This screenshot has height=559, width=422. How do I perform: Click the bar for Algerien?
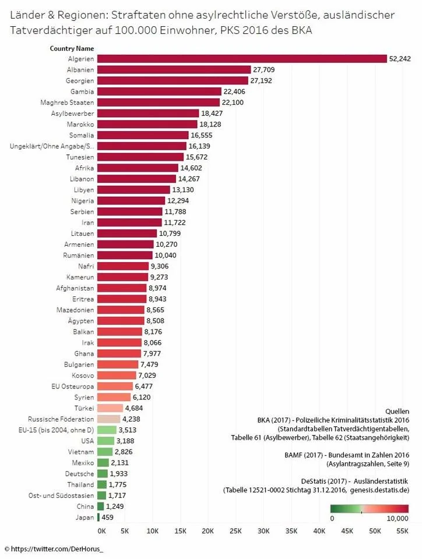pyautogui.click(x=242, y=59)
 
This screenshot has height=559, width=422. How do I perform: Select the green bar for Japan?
pyautogui.click(x=99, y=517)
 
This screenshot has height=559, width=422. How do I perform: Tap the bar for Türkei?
pyautogui.click(x=110, y=408)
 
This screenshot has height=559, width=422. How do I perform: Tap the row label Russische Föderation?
pyautogui.click(x=61, y=419)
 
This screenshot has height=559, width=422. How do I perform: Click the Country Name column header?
pyautogui.click(x=72, y=48)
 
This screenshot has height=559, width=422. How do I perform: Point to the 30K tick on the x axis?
pyautogui.click(x=263, y=532)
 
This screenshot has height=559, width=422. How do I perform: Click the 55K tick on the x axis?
pyautogui.click(x=402, y=532)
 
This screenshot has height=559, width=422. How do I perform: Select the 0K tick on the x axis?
pyautogui.click(x=101, y=532)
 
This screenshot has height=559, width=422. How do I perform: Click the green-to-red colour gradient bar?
pyautogui.click(x=370, y=508)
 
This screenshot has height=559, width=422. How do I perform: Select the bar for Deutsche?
pyautogui.click(x=103, y=473)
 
